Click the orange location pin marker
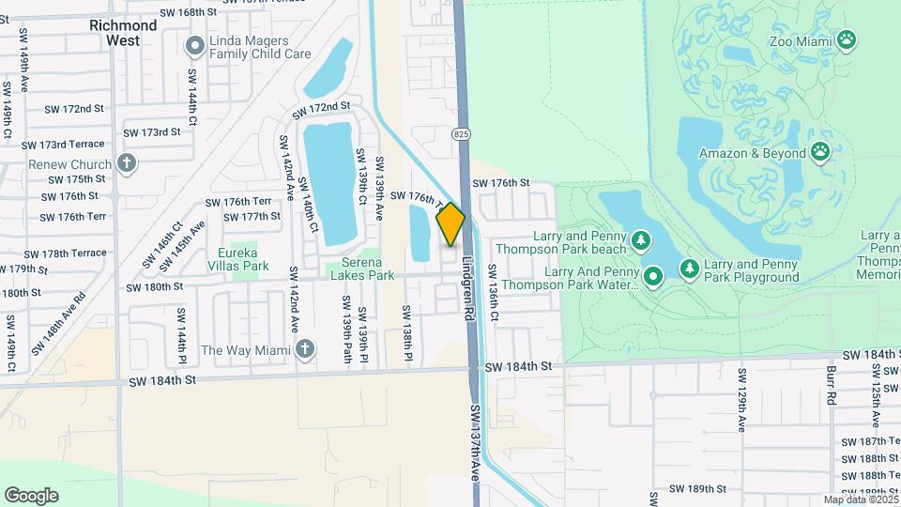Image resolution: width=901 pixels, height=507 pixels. click(x=450, y=223)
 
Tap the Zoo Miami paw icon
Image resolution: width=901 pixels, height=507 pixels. click(x=848, y=39)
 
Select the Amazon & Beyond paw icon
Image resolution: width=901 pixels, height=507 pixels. click(x=821, y=153)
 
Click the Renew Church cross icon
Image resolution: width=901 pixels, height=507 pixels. click(x=128, y=164)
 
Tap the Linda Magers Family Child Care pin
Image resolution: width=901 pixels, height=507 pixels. click(x=195, y=45)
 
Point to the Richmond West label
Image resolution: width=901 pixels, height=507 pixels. click(x=123, y=33)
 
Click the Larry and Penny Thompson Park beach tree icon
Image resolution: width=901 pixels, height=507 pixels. click(x=641, y=241)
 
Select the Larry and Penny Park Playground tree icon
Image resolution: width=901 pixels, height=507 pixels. click(x=690, y=270)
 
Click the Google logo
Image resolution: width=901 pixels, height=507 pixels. click(x=31, y=495)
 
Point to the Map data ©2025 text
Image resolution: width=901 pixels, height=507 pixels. click(x=862, y=499)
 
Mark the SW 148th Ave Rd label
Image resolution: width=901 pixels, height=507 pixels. click(x=57, y=323)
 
